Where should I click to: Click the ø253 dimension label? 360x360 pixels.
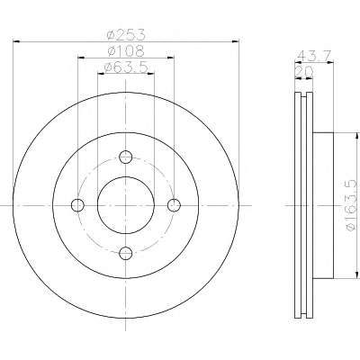coord(126,35)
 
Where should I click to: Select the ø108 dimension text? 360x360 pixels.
coord(126,51)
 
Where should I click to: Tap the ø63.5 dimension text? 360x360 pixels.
coord(126,67)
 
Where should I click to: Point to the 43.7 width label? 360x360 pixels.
coord(314,56)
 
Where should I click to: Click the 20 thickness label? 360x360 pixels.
coord(304,72)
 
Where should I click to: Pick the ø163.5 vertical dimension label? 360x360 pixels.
coord(352,206)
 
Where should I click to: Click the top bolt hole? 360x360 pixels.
coord(126,157)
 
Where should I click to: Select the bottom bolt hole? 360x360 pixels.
coord(126,254)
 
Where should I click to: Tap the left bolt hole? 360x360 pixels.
coord(77,205)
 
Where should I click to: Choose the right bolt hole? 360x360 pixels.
coord(174,205)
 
